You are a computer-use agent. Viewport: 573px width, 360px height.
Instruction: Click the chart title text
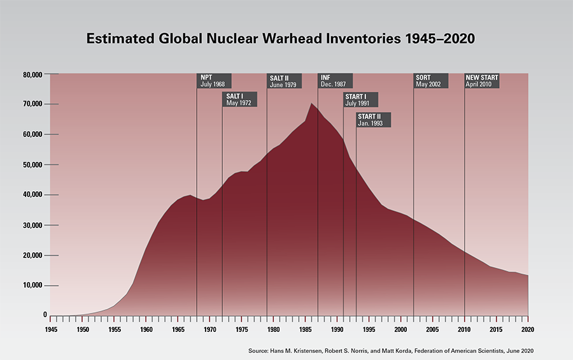(281, 40)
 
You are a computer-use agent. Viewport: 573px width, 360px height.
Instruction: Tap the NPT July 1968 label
(214, 80)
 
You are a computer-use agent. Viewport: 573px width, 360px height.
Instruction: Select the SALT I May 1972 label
(239, 99)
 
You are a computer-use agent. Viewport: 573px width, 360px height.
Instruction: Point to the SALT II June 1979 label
(285, 80)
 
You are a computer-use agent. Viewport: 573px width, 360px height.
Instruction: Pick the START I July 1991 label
(361, 99)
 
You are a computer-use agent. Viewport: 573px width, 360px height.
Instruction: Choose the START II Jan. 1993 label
(373, 119)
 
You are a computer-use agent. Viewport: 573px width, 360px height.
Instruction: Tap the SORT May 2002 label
(431, 80)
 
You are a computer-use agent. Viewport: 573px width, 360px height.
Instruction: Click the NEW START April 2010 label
(482, 80)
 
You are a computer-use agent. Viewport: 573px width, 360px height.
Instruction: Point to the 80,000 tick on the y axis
(32, 75)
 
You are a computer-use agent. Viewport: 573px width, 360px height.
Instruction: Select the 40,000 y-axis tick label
(32, 195)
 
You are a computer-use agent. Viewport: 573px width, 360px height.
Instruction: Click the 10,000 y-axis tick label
(32, 285)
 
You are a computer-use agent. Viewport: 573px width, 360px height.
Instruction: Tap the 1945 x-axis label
(50, 329)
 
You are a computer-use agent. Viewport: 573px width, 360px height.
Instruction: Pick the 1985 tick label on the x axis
(305, 329)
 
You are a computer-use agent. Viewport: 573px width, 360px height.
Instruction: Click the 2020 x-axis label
(528, 329)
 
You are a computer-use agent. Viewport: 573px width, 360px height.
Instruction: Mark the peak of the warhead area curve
(311, 104)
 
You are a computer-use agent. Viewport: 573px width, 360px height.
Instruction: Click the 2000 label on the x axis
(400, 329)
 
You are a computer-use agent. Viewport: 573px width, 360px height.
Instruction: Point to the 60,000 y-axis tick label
(32, 135)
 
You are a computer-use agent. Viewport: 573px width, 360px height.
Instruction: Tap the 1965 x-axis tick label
(178, 329)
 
